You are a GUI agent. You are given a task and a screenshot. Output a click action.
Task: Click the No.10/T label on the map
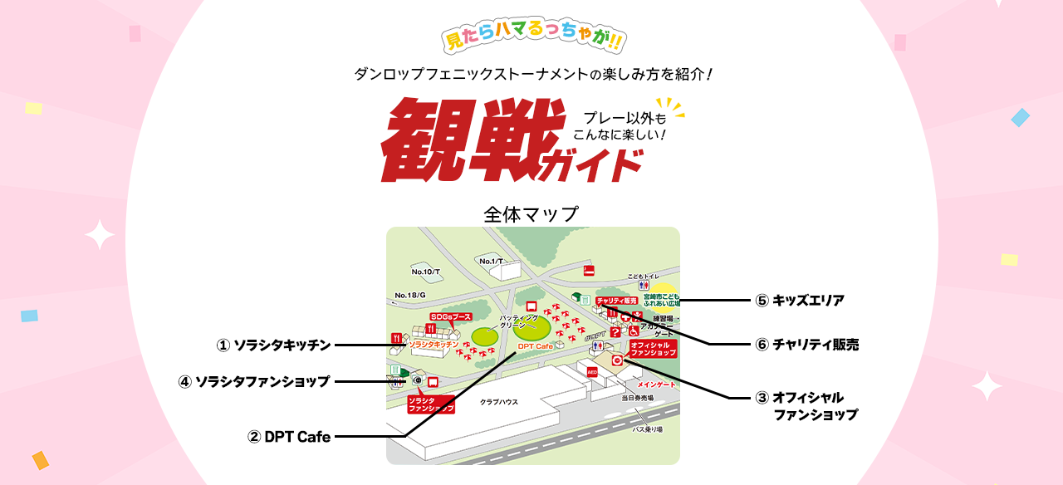coord(425,272)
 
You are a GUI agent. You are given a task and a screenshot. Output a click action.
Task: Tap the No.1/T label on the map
coord(492,262)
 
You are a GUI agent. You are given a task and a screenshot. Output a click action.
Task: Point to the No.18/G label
coord(410,295)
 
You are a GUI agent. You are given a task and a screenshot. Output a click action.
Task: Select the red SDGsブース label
coord(450,317)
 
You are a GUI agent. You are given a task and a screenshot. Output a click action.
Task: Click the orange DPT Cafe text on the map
coord(535,345)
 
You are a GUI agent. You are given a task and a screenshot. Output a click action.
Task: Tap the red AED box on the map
coord(592,372)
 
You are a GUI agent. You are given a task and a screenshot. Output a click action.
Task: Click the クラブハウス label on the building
coord(499,402)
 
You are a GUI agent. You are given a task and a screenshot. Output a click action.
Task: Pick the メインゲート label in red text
coord(656,385)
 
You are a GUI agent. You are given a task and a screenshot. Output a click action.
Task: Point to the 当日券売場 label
coord(638,399)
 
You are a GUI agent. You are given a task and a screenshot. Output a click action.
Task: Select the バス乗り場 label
coord(648,429)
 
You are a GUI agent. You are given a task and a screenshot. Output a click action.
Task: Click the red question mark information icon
coord(615,332)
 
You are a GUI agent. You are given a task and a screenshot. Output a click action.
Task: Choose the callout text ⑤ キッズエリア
coord(800,301)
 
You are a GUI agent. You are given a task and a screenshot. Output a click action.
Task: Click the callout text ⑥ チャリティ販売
coord(806,345)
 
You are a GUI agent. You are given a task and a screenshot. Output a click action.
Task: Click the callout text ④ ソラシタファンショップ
coord(254,382)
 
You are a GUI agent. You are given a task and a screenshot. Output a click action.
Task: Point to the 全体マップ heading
coord(531,214)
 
